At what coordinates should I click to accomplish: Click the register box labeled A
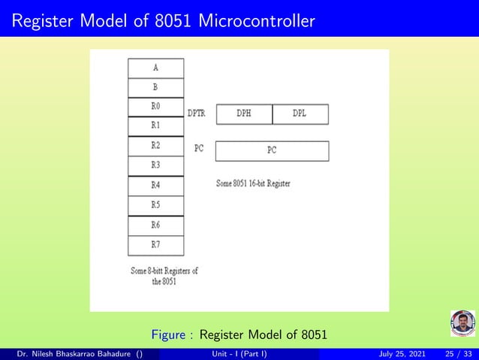pyautogui.click(x=155, y=68)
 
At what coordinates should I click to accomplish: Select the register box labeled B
pyautogui.click(x=155, y=87)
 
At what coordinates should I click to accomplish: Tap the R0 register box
pyautogui.click(x=155, y=107)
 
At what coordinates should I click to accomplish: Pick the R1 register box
pyautogui.click(x=155, y=126)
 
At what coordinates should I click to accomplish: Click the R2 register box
pyautogui.click(x=155, y=145)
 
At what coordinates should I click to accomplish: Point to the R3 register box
pyautogui.click(x=155, y=165)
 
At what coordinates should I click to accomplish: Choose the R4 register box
pyautogui.click(x=155, y=185)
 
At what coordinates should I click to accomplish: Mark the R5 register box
pyautogui.click(x=155, y=204)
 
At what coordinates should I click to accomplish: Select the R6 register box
pyautogui.click(x=155, y=225)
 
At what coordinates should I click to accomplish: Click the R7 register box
pyautogui.click(x=155, y=244)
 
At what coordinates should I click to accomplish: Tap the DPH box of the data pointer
pyautogui.click(x=244, y=114)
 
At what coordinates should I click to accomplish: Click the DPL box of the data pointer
pyautogui.click(x=300, y=114)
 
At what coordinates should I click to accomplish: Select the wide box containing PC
pyautogui.click(x=272, y=151)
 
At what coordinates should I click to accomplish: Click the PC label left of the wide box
pyautogui.click(x=199, y=149)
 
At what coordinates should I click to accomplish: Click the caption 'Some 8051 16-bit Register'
pyautogui.click(x=253, y=184)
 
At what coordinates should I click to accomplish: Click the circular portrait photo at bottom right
pyautogui.click(x=462, y=324)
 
